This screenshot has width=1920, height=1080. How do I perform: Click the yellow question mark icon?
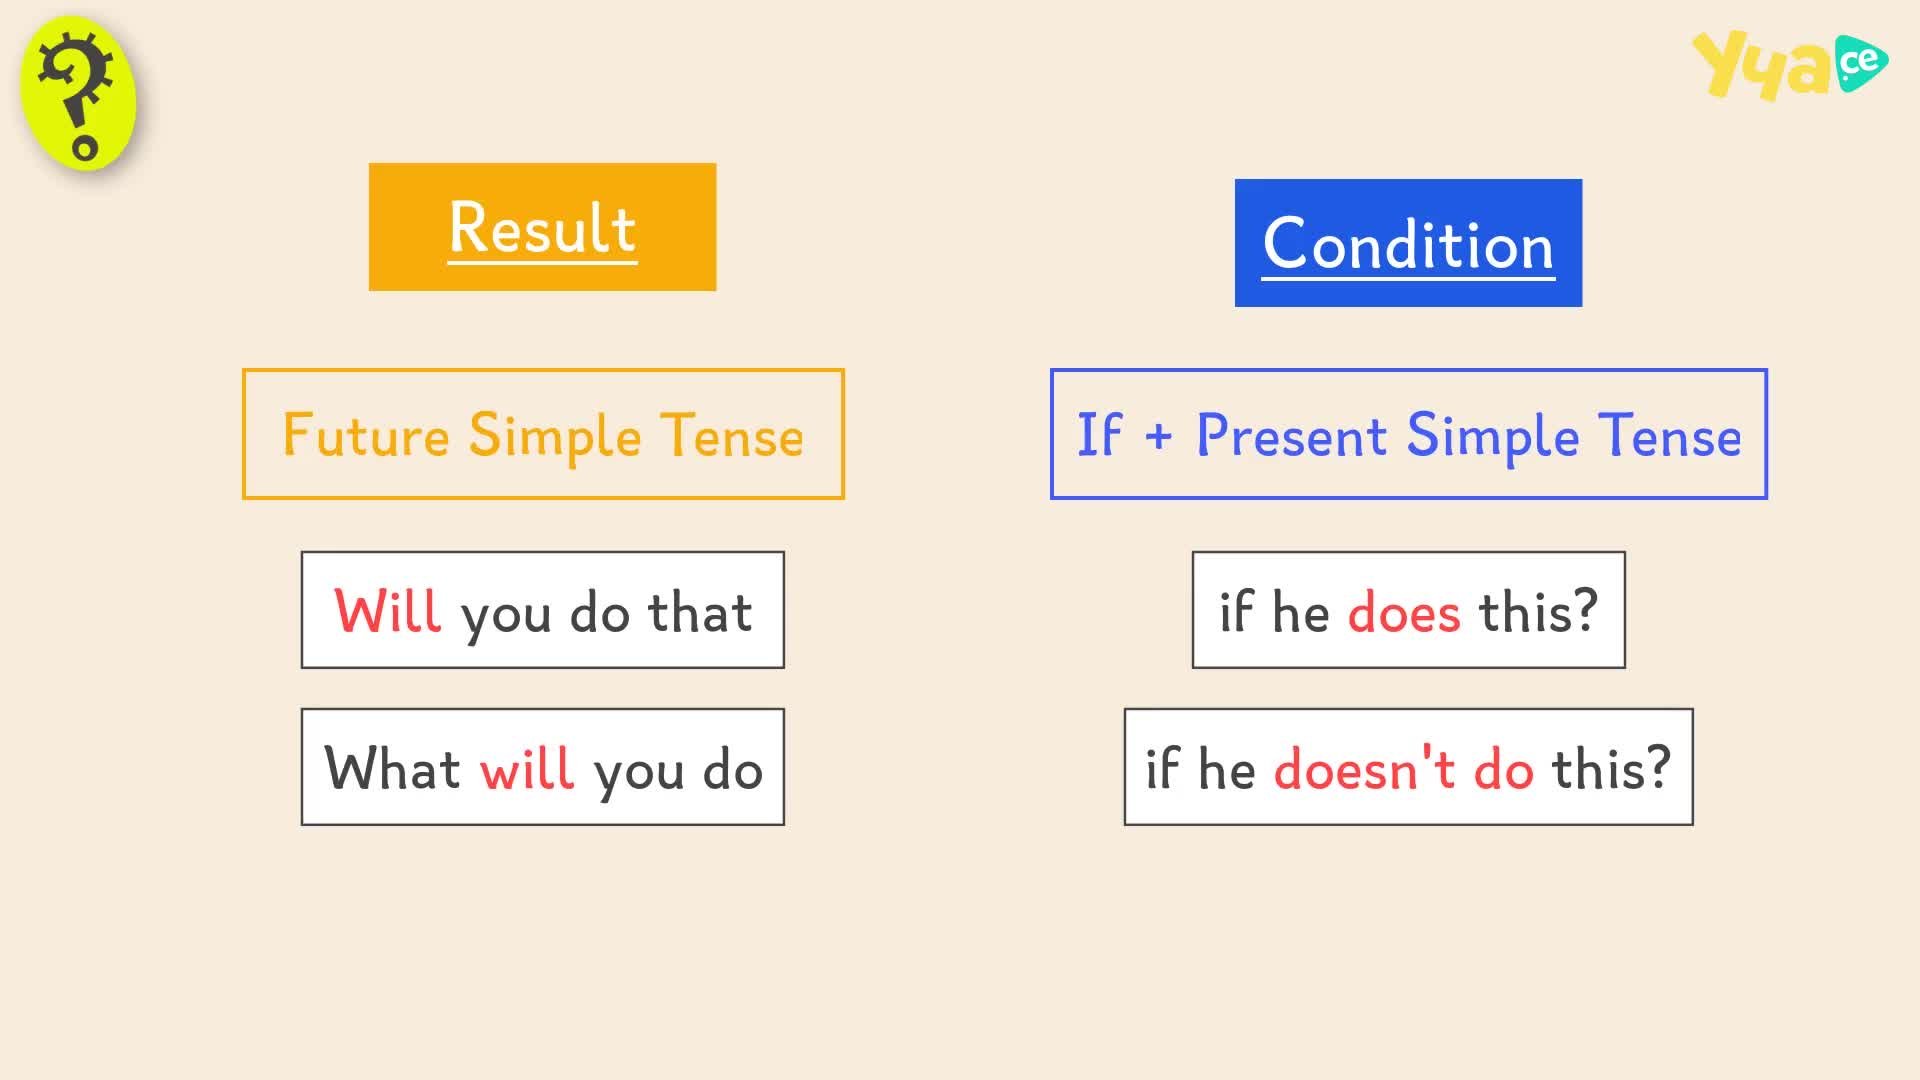[79, 93]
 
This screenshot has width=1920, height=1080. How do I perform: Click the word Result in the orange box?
[542, 228]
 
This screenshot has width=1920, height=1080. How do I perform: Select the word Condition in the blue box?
[1408, 244]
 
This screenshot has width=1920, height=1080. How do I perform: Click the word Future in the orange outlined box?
[366, 435]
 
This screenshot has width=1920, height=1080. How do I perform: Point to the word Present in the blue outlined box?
[1291, 435]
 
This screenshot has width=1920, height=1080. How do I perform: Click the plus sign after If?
[1158, 437]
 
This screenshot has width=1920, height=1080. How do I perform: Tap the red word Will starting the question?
[387, 611]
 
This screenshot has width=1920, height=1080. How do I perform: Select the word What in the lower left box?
[392, 768]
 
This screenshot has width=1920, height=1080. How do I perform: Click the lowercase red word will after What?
[527, 768]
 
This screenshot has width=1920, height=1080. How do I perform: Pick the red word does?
[1404, 611]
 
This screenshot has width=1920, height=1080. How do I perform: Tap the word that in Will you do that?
[700, 611]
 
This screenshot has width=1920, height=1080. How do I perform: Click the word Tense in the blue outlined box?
[1670, 435]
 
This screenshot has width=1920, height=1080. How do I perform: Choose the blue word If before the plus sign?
[1098, 435]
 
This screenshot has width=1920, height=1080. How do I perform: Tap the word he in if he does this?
[1300, 611]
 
